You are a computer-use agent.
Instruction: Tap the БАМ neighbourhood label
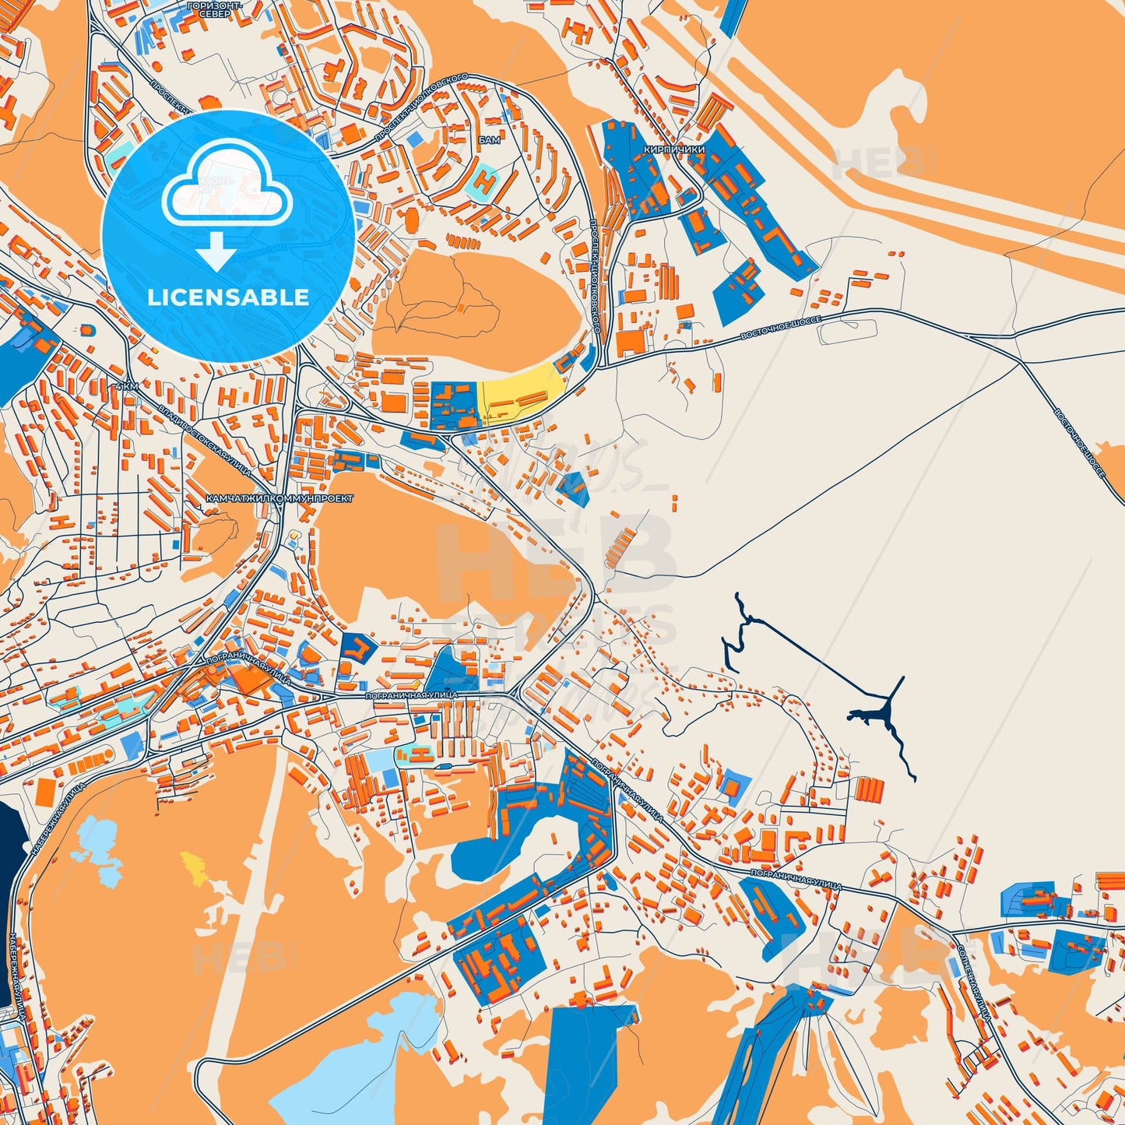pyautogui.click(x=490, y=140)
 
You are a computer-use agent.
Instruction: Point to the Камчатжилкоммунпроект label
pyautogui.click(x=279, y=497)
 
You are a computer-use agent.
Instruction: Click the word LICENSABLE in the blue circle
pyautogui.click(x=228, y=297)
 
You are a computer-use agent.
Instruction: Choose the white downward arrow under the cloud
pyautogui.click(x=216, y=251)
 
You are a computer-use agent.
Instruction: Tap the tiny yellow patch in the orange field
pyautogui.click(x=194, y=867)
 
